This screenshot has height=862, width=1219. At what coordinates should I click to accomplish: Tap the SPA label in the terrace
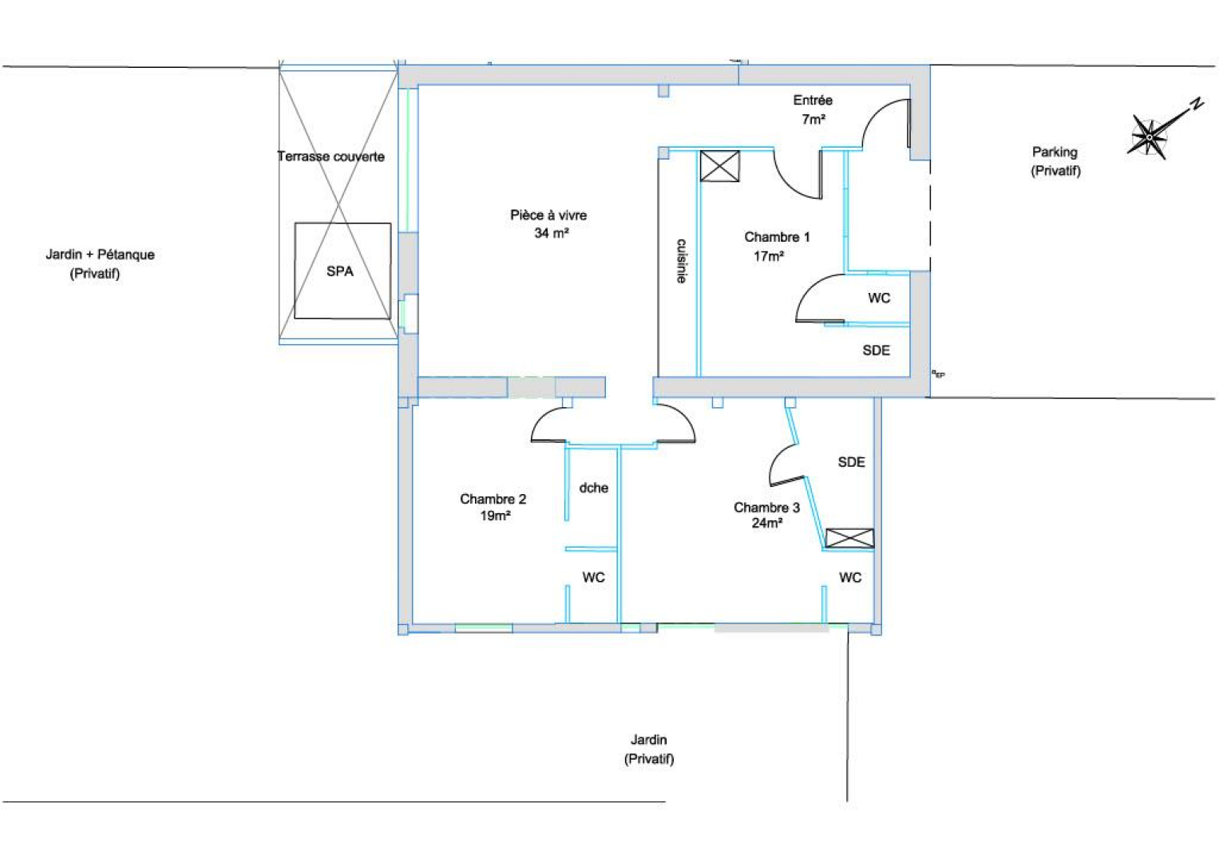(339, 271)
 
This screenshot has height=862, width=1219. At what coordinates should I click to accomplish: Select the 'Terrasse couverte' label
(330, 156)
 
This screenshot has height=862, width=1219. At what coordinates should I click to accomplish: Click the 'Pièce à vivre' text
(548, 215)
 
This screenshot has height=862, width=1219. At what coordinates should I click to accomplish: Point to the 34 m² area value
(552, 233)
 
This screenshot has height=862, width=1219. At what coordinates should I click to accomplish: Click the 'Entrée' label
(813, 100)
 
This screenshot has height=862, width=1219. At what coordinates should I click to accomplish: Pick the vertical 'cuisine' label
(681, 261)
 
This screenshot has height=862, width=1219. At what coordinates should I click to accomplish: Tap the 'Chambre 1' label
(777, 237)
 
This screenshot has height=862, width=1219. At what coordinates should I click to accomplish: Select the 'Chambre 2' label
(493, 499)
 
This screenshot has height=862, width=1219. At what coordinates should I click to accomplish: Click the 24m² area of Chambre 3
(767, 523)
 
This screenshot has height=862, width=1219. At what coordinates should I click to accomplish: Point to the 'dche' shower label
(594, 488)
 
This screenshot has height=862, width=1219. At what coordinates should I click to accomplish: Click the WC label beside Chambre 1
(880, 299)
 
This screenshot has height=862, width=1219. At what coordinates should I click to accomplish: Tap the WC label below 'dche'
(594, 577)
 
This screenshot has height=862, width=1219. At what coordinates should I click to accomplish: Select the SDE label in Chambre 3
(851, 462)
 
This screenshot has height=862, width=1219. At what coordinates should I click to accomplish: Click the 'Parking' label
(1055, 152)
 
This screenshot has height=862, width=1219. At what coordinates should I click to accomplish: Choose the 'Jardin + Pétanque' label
(100, 255)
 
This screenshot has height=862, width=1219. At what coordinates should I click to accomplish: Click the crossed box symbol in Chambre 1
(719, 166)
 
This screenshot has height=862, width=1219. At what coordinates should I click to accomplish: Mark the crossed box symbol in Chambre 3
(850, 538)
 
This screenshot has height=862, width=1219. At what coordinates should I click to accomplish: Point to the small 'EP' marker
(939, 374)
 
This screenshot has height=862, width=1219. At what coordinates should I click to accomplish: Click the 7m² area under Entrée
(813, 119)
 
